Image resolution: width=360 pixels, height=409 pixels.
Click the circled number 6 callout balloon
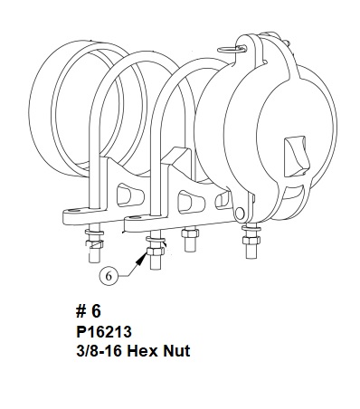[109, 275]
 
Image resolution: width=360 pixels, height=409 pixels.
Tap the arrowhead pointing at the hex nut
[142, 258]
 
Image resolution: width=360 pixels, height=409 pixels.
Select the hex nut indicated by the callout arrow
[156, 251]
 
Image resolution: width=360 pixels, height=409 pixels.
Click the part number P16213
[104, 332]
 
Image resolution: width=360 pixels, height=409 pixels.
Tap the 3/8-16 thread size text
[99, 351]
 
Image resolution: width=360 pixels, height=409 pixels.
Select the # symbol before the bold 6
[81, 311]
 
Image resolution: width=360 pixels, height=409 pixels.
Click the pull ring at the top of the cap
[232, 49]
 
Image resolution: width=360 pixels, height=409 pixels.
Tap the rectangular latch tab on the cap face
[297, 156]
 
